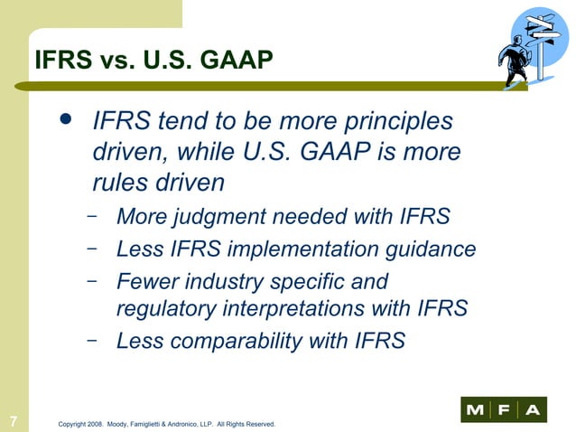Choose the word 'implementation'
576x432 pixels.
coord(294,249)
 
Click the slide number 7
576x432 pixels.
coord(14,419)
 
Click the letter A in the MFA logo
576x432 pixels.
coord(534,411)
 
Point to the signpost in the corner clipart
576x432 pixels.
coord(544,41)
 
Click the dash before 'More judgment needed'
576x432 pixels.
coord(93,218)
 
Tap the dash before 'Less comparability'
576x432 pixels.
coord(93,341)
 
